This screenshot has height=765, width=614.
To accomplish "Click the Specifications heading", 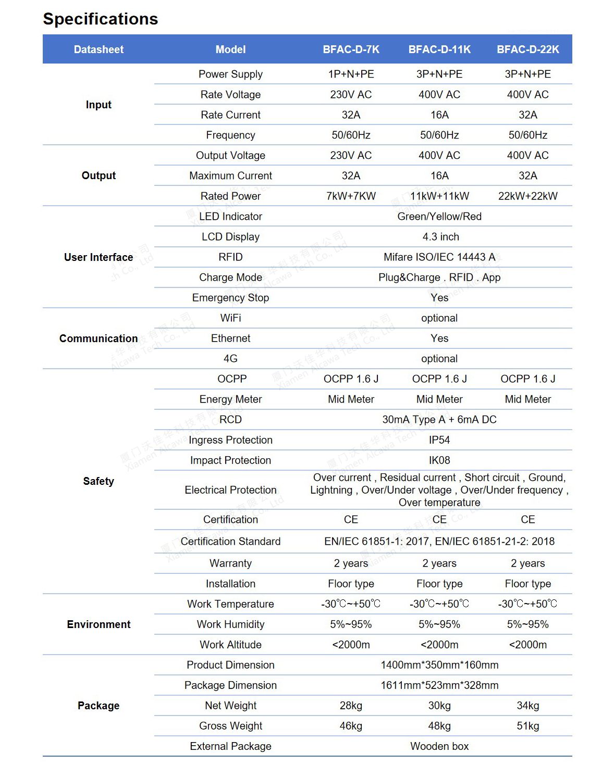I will coord(100,19).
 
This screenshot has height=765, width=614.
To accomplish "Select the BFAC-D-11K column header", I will coord(439,49).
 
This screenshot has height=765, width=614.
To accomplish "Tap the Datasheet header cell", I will coord(99,49).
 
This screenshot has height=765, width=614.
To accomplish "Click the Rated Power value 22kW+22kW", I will coord(527,196).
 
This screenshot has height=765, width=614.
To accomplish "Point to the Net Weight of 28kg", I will coord(351,705).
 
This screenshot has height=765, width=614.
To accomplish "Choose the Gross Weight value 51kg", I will coord(527,725).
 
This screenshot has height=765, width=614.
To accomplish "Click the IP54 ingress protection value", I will coord(439,440).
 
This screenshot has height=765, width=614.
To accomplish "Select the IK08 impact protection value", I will coord(439,460).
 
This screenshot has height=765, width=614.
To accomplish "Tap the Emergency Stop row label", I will coord(230,297).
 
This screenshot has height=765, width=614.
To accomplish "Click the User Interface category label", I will coord(99,257).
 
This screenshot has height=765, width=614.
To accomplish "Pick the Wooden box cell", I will coord(439,746).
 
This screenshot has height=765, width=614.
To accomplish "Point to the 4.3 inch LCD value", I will coord(440,236).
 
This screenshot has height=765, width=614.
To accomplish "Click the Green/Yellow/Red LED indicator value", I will coord(439,216).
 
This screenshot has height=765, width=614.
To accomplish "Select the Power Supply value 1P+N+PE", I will coord(351,74).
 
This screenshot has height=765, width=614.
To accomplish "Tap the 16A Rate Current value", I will coord(439,115).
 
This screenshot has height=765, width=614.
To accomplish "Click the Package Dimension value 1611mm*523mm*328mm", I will coord(439,685).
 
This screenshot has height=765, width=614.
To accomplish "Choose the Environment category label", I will coord(99,624).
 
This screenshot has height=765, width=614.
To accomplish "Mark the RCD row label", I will coord(230,419).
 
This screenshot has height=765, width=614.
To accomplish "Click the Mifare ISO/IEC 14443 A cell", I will coord(439,257).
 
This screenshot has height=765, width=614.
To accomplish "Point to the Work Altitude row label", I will coord(230,644).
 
